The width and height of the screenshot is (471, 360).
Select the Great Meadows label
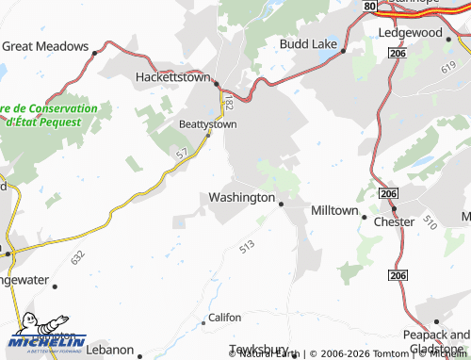pos(44,45)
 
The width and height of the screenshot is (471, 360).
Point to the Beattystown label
pos(207,123)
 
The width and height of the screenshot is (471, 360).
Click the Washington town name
pos(241,198)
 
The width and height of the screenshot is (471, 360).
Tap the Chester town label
pos(394,222)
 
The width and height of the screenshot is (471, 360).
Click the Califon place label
pos(225,318)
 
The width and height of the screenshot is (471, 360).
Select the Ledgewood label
pos(410,32)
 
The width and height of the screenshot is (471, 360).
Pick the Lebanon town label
pos(111,349)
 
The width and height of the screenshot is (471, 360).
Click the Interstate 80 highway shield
pos(370,6)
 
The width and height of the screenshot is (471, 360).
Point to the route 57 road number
pos(181,152)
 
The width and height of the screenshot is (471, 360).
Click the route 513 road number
pos(248,246)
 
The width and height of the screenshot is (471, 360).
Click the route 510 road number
pos(430,223)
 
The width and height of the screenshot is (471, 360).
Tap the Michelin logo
pos(46,335)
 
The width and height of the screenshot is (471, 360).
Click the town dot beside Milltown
pos(365,216)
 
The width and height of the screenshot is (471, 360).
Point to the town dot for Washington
pos(281,202)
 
